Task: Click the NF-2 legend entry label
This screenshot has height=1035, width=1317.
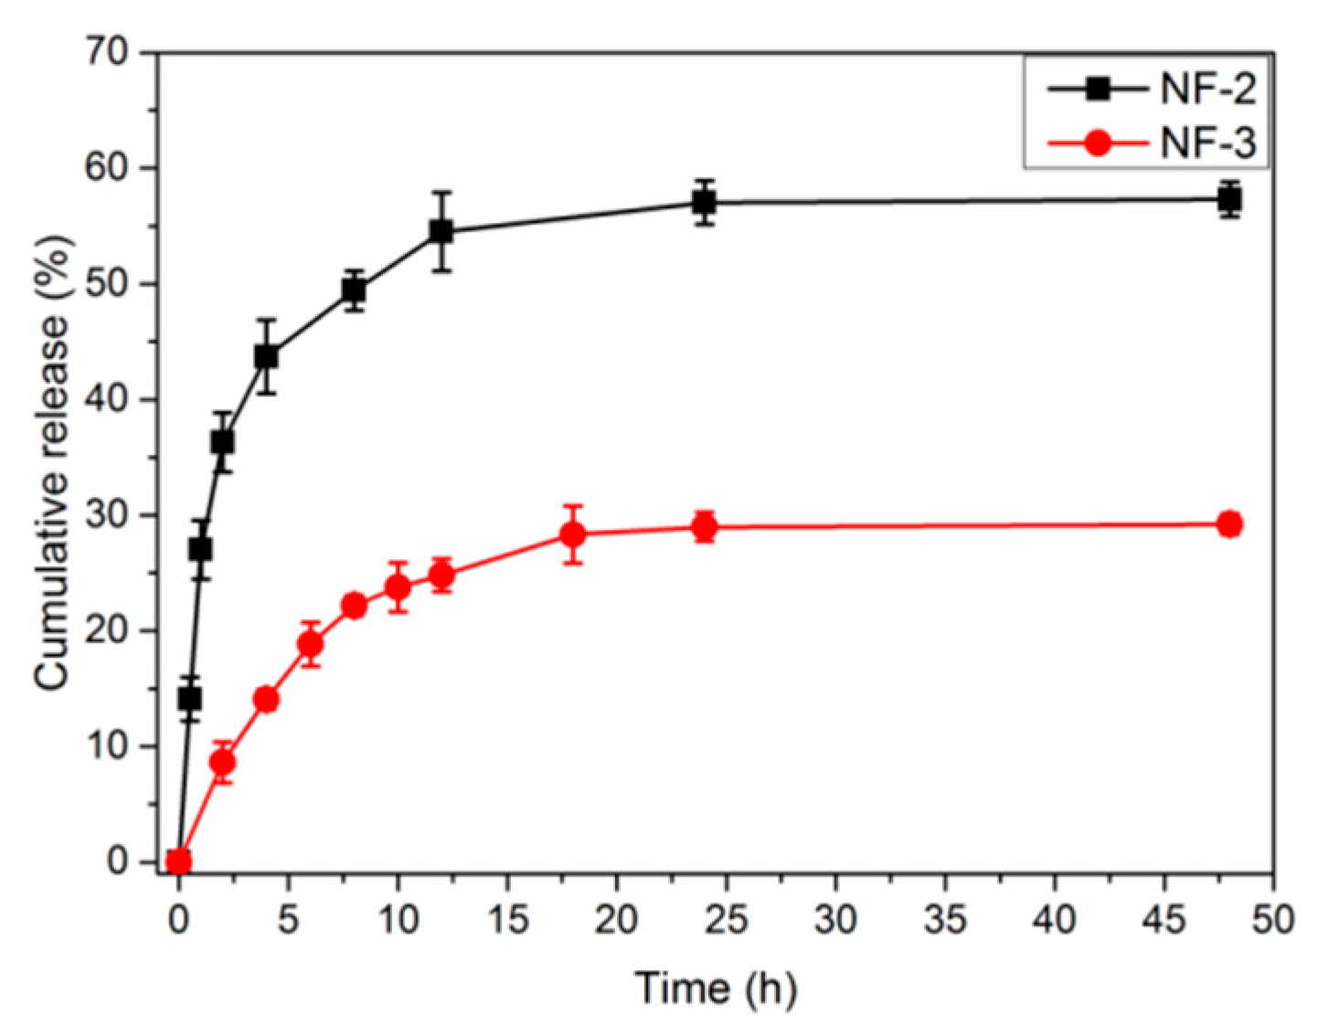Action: pos(1208,90)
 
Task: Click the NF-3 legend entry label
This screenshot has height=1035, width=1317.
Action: pos(1208,143)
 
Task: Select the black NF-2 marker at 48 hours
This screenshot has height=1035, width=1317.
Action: pos(1229,199)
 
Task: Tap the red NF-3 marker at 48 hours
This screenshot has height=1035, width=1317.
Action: pos(1229,524)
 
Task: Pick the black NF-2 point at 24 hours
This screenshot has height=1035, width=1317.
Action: pos(704,203)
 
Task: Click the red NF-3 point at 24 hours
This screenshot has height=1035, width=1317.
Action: pos(704,527)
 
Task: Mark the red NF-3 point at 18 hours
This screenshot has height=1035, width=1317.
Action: pos(573,533)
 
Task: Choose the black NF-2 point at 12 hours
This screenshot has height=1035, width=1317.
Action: pos(441,232)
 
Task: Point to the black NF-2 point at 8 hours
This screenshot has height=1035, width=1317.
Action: pos(354,290)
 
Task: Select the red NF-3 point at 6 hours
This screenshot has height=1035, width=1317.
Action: pos(310,644)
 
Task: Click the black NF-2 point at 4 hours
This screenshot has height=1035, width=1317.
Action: pos(266,356)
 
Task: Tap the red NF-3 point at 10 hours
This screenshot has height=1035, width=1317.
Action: pos(398,586)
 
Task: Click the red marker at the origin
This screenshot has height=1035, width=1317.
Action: pos(179,861)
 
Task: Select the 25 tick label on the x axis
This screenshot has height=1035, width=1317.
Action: pos(726,918)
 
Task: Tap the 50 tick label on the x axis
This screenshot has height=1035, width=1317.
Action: pos(1272,918)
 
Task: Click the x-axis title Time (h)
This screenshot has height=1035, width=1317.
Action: pos(716,988)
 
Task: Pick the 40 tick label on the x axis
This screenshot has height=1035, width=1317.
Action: pos(1054,918)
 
